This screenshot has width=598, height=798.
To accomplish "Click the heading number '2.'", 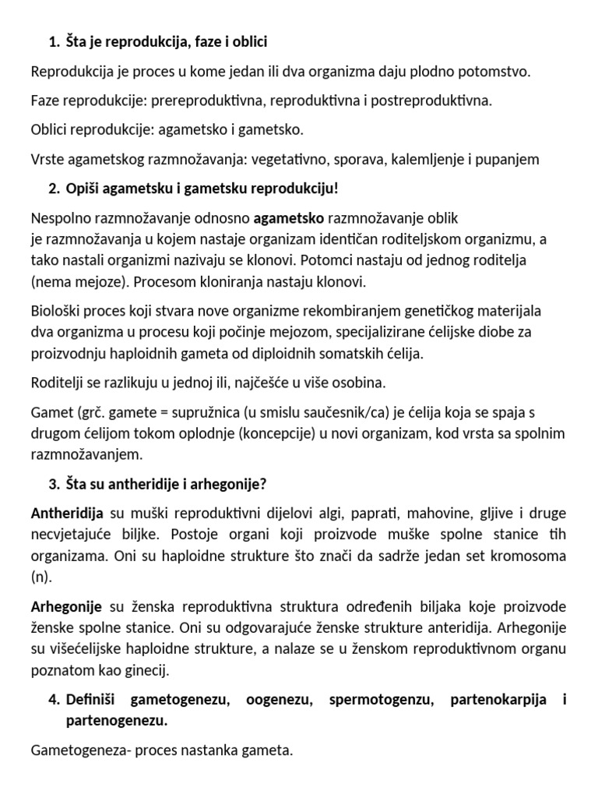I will click(x=54, y=189).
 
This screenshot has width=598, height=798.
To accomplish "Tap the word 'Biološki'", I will click(x=56, y=311).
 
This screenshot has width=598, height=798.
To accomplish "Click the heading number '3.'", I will click(x=54, y=484).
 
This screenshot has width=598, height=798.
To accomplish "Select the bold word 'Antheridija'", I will click(x=67, y=514).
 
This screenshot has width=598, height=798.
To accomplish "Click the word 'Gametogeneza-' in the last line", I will click(x=76, y=751).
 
